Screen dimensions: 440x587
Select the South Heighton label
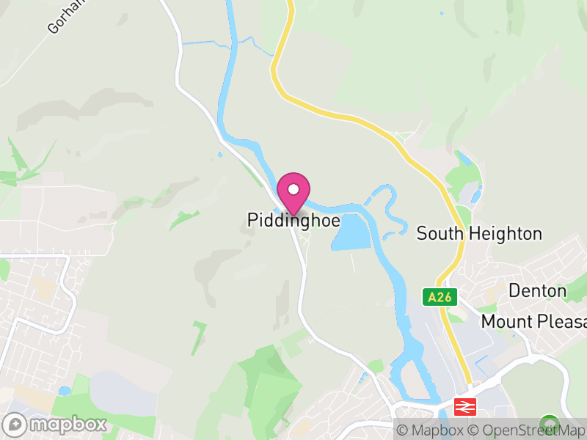pos(479,234)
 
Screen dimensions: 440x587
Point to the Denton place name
pos(537,291)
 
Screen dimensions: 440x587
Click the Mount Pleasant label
pos(533,322)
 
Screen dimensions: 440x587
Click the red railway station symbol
pos(466,405)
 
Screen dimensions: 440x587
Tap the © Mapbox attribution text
pos(433,430)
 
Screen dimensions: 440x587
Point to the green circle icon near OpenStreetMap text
pos(547,423)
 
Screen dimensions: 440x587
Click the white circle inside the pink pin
pos(293,189)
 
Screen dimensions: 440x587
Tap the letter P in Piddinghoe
pos(252,219)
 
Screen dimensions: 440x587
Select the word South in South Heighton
pos(438,234)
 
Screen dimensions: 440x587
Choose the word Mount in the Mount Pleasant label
pos(506,322)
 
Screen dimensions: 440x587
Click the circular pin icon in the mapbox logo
pos(15,424)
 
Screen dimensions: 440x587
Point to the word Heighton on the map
pos(502,234)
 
